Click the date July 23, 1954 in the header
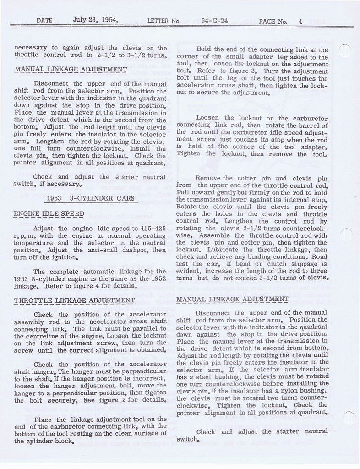point(96,20)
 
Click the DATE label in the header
point(44,21)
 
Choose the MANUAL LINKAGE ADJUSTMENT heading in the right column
point(232,299)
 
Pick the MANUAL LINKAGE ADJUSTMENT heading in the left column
point(71,69)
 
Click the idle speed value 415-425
point(151,228)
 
